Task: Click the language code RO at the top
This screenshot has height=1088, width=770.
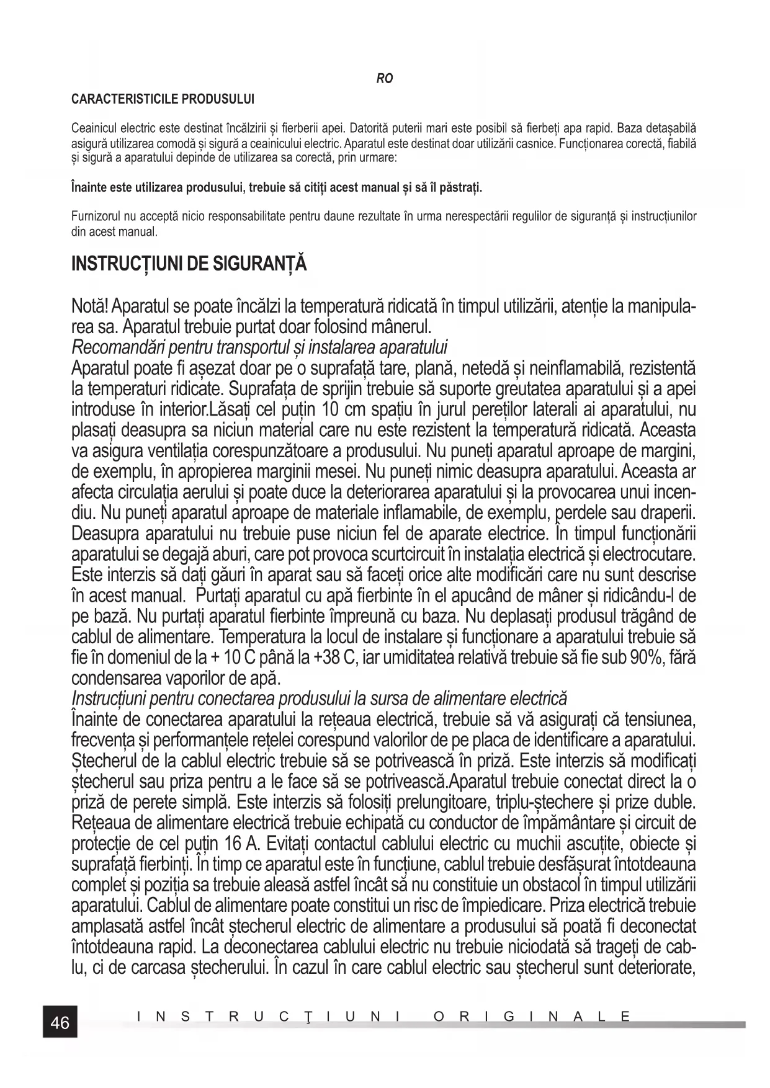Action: (x=385, y=79)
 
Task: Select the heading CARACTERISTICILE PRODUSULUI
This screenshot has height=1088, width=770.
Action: (x=163, y=99)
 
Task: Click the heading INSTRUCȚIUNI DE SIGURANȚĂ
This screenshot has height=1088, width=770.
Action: (x=189, y=264)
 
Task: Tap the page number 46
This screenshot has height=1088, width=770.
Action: (x=60, y=1022)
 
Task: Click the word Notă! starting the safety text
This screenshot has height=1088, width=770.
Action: (x=91, y=306)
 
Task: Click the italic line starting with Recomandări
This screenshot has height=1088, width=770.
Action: (x=259, y=347)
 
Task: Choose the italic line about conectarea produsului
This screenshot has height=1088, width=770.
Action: (x=319, y=698)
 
